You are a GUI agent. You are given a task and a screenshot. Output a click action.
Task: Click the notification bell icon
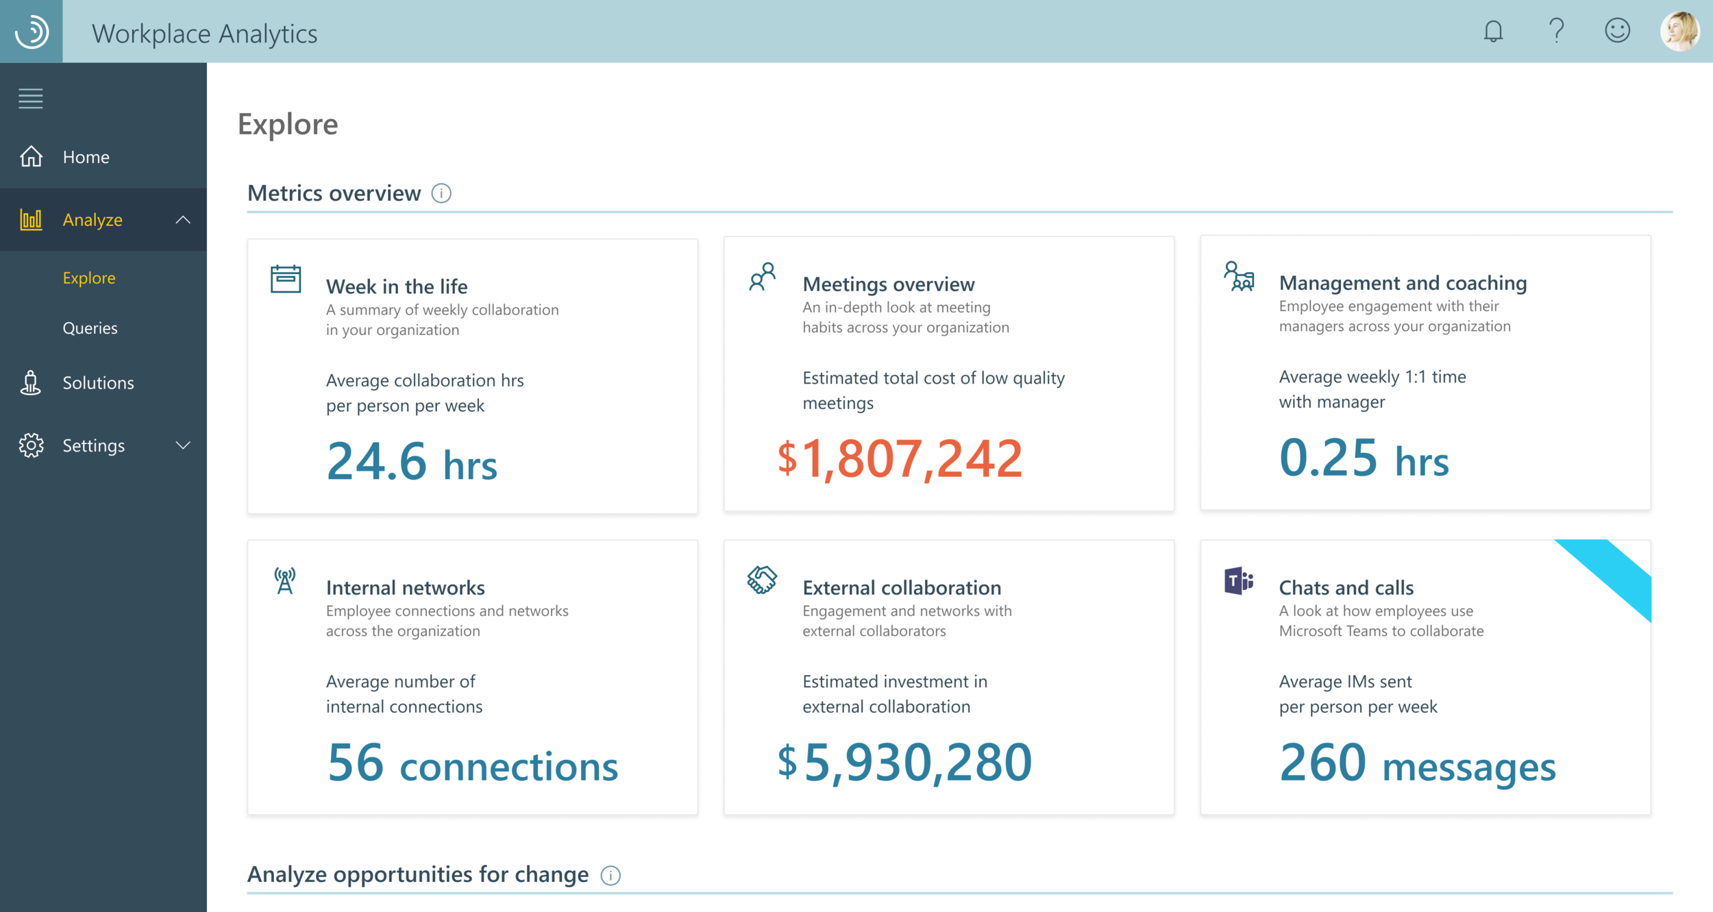(x=1493, y=32)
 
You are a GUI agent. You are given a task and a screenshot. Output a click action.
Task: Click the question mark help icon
(x=1556, y=31)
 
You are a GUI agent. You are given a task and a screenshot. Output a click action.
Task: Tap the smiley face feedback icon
(x=1617, y=31)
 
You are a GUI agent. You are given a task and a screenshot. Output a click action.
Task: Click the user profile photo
(x=1679, y=31)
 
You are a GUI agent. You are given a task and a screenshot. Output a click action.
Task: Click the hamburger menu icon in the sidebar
(x=31, y=99)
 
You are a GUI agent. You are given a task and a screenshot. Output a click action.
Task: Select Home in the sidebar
(x=86, y=157)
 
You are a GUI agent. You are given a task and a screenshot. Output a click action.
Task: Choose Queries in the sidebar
(x=90, y=328)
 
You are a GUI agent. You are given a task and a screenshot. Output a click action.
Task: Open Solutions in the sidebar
(x=98, y=382)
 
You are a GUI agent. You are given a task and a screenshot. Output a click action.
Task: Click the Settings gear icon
(x=31, y=445)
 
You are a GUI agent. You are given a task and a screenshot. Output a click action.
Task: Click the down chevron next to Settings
(x=183, y=445)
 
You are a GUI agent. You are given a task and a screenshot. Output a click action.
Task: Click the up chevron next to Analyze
(x=183, y=220)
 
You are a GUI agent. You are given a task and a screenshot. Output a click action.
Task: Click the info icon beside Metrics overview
(x=441, y=193)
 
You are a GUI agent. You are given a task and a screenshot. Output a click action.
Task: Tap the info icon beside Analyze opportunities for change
(x=611, y=875)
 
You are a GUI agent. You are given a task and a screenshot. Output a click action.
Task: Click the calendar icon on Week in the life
(x=286, y=279)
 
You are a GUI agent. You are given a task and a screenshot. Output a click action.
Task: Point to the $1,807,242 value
(x=900, y=458)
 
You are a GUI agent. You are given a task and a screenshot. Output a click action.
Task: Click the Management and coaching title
(x=1403, y=283)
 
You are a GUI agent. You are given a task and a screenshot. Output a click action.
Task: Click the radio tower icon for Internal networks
(x=285, y=581)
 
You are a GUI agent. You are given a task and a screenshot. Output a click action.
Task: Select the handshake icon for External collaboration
(x=762, y=580)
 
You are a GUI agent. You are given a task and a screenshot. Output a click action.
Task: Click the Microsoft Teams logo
(x=1238, y=581)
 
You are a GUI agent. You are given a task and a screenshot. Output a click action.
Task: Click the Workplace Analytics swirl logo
(x=32, y=32)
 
